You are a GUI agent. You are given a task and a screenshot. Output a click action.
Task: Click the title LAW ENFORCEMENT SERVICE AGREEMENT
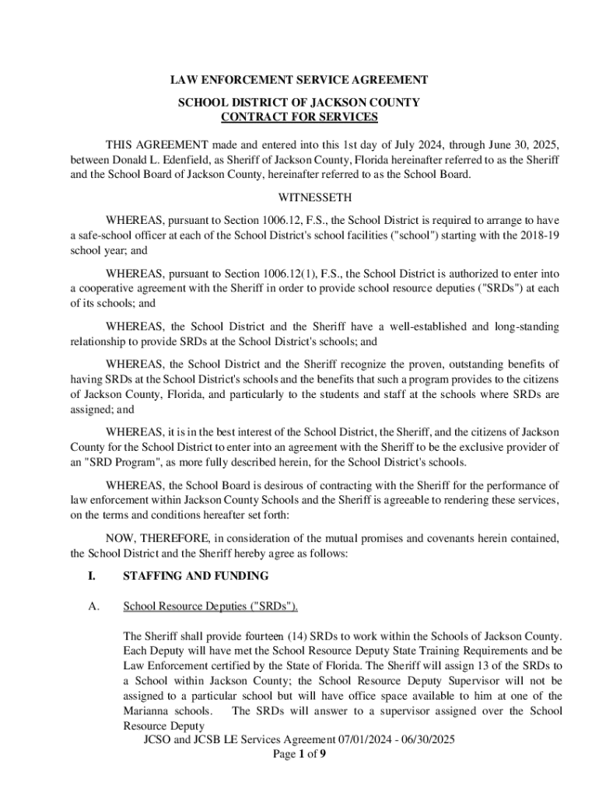click(x=299, y=81)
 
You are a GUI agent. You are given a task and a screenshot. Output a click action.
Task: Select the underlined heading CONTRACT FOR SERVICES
click(x=299, y=117)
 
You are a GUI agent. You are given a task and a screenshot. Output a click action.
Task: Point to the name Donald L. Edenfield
click(x=159, y=159)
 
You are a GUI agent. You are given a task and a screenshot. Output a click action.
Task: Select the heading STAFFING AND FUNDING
click(x=196, y=576)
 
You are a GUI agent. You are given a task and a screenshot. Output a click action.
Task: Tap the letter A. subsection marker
click(x=92, y=606)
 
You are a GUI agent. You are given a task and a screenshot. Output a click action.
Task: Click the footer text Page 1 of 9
click(x=299, y=754)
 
